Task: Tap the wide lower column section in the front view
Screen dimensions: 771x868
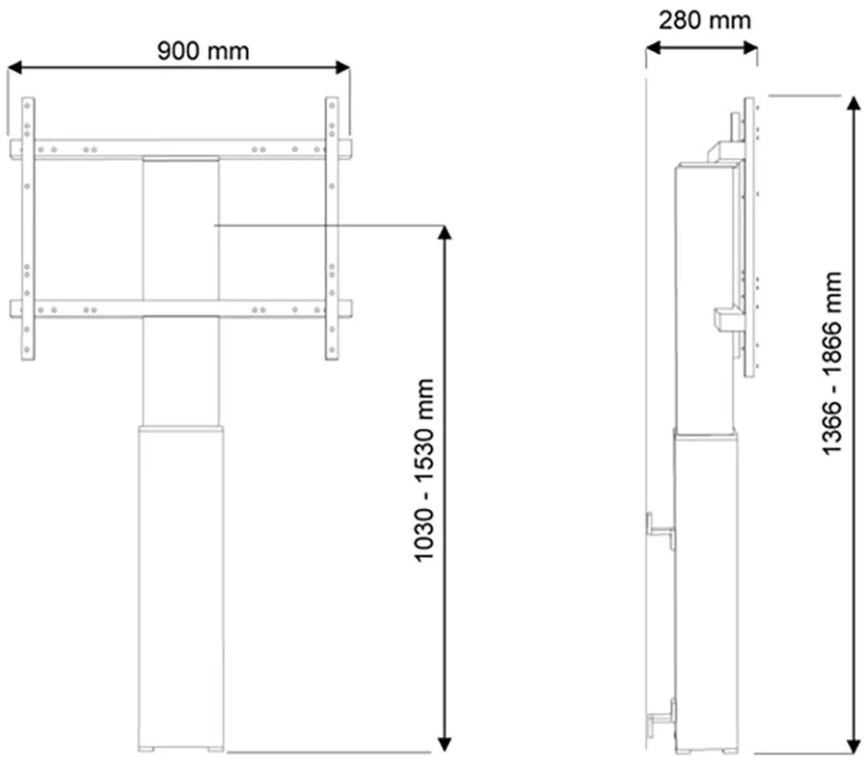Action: [181, 578]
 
